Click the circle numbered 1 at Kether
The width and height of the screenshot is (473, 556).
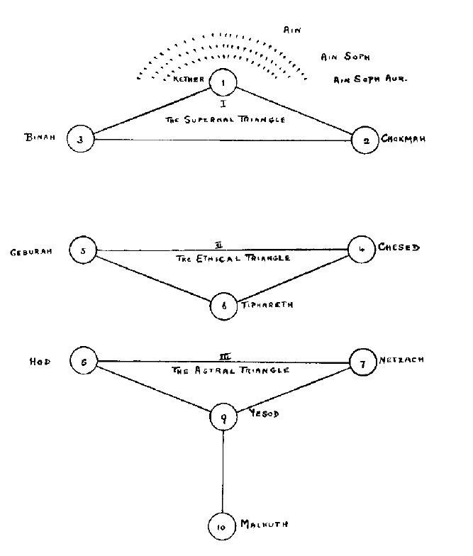[x=223, y=84]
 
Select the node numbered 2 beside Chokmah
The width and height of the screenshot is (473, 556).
[x=366, y=140]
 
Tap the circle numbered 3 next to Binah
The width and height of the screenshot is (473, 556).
[x=81, y=139]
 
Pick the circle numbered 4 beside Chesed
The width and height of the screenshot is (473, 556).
[x=361, y=250]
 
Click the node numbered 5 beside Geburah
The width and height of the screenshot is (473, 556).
[x=83, y=250]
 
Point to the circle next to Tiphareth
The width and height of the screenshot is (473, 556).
[x=224, y=306]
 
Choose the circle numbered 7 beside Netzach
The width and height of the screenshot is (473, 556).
[x=362, y=364]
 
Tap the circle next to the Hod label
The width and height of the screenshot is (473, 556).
[x=83, y=361]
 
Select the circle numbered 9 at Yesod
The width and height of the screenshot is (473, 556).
[x=223, y=418]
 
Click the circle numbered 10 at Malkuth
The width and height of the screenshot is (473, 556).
[x=222, y=526]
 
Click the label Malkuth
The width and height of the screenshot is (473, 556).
[x=264, y=524]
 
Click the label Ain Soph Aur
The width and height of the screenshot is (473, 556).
[x=369, y=80]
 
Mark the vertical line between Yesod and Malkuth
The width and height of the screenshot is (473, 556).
[x=223, y=472]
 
